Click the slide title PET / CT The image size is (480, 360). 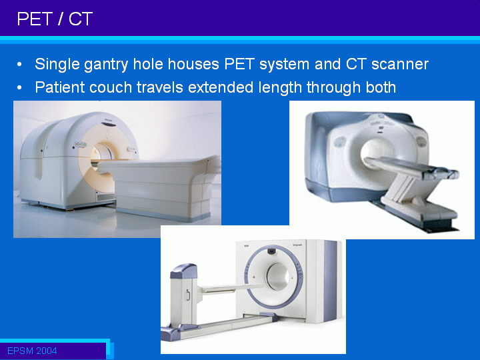[x=55, y=19]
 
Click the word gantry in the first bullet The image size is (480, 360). [x=106, y=65]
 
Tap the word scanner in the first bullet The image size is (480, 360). [x=400, y=64]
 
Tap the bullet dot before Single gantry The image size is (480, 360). [x=19, y=65]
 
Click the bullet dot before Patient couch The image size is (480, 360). [x=19, y=88]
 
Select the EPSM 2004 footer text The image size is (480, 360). [x=32, y=351]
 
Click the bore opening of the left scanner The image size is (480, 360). [x=101, y=153]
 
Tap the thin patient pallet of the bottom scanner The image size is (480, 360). [x=233, y=288]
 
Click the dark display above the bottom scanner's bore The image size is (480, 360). [x=271, y=251]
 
